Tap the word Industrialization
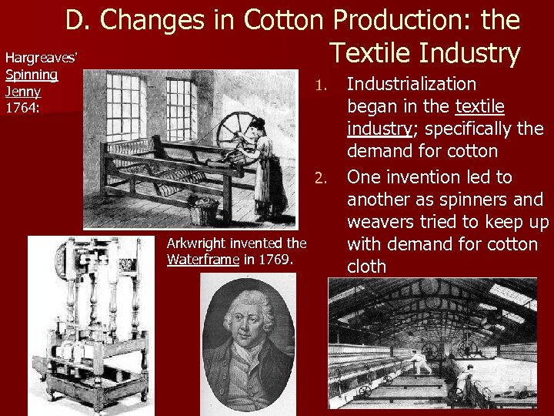tap(412, 84)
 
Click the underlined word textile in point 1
tap(479, 106)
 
